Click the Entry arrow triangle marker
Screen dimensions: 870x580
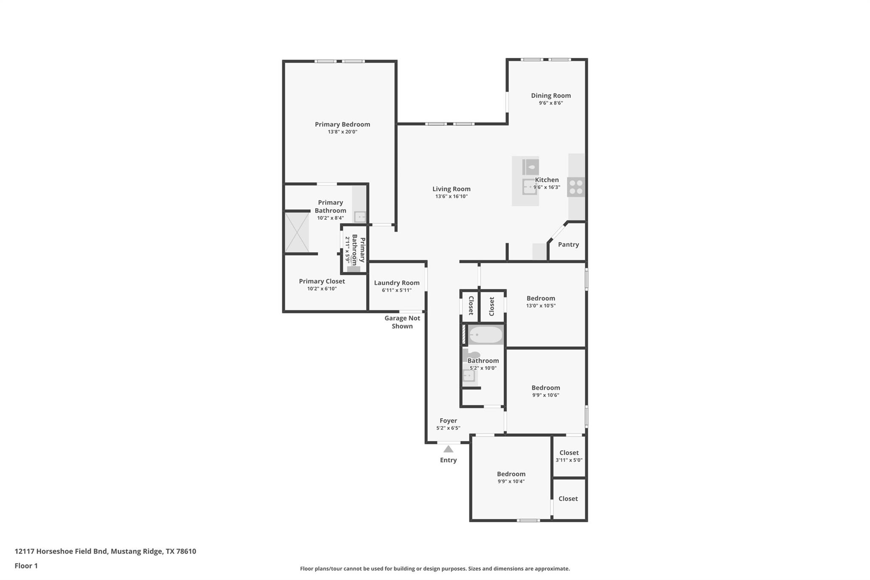[448, 449]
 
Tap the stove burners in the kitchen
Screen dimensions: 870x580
[576, 187]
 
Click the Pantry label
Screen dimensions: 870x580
[568, 244]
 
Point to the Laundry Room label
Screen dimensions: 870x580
[397, 283]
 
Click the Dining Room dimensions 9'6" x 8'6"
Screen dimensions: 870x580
[551, 103]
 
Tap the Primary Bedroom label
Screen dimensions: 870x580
[342, 124]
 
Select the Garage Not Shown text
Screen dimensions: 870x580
[402, 322]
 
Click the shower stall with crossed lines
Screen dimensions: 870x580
[297, 233]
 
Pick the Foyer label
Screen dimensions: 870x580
[448, 421]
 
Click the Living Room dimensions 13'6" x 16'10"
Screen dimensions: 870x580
[452, 196]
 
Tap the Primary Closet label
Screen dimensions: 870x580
[322, 281]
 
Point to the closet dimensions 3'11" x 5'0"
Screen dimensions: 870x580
[569, 460]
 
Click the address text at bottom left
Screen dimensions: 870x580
[105, 552]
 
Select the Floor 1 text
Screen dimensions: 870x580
[26, 566]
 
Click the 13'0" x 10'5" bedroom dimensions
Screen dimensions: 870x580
[541, 306]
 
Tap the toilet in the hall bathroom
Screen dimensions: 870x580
[472, 355]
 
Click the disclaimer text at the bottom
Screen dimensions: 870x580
[435, 569]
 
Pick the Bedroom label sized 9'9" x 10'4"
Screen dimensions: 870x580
[511, 474]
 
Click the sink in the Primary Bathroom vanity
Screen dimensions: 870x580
[360, 217]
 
